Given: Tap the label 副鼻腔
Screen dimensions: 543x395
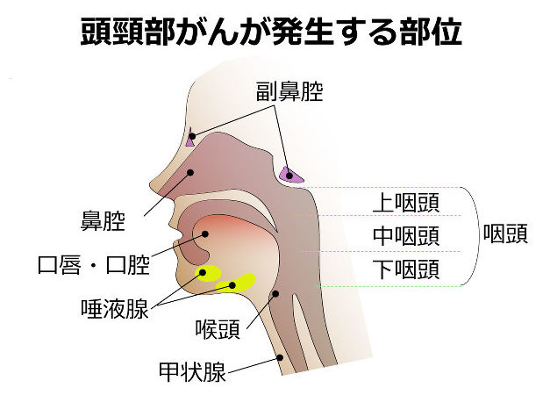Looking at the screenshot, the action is (x=289, y=91).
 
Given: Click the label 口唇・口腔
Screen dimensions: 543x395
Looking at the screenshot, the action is (x=94, y=265).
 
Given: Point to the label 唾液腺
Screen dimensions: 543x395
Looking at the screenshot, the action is (x=115, y=309).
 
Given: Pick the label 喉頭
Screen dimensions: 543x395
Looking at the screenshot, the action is (x=218, y=329).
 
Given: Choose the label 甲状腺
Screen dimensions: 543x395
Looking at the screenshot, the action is (x=192, y=372).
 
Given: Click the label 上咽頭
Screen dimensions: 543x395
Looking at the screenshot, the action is (x=406, y=203).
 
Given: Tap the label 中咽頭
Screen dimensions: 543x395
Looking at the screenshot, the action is (x=406, y=236).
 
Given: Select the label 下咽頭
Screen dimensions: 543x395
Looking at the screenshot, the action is (x=406, y=269).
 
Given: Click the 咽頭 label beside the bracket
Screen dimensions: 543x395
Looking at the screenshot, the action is (x=505, y=233).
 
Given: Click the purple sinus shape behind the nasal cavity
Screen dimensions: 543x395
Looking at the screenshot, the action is (x=291, y=175).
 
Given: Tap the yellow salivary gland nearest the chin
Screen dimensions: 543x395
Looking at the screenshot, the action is (x=208, y=273).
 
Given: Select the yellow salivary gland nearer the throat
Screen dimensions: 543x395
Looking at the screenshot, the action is (x=236, y=283).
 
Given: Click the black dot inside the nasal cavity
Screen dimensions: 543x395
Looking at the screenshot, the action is (x=190, y=172).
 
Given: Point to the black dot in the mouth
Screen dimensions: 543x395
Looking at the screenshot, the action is (x=205, y=234).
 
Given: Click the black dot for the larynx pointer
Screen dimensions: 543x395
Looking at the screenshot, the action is (x=275, y=294).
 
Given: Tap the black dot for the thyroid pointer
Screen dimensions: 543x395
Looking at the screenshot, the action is (x=281, y=357).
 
